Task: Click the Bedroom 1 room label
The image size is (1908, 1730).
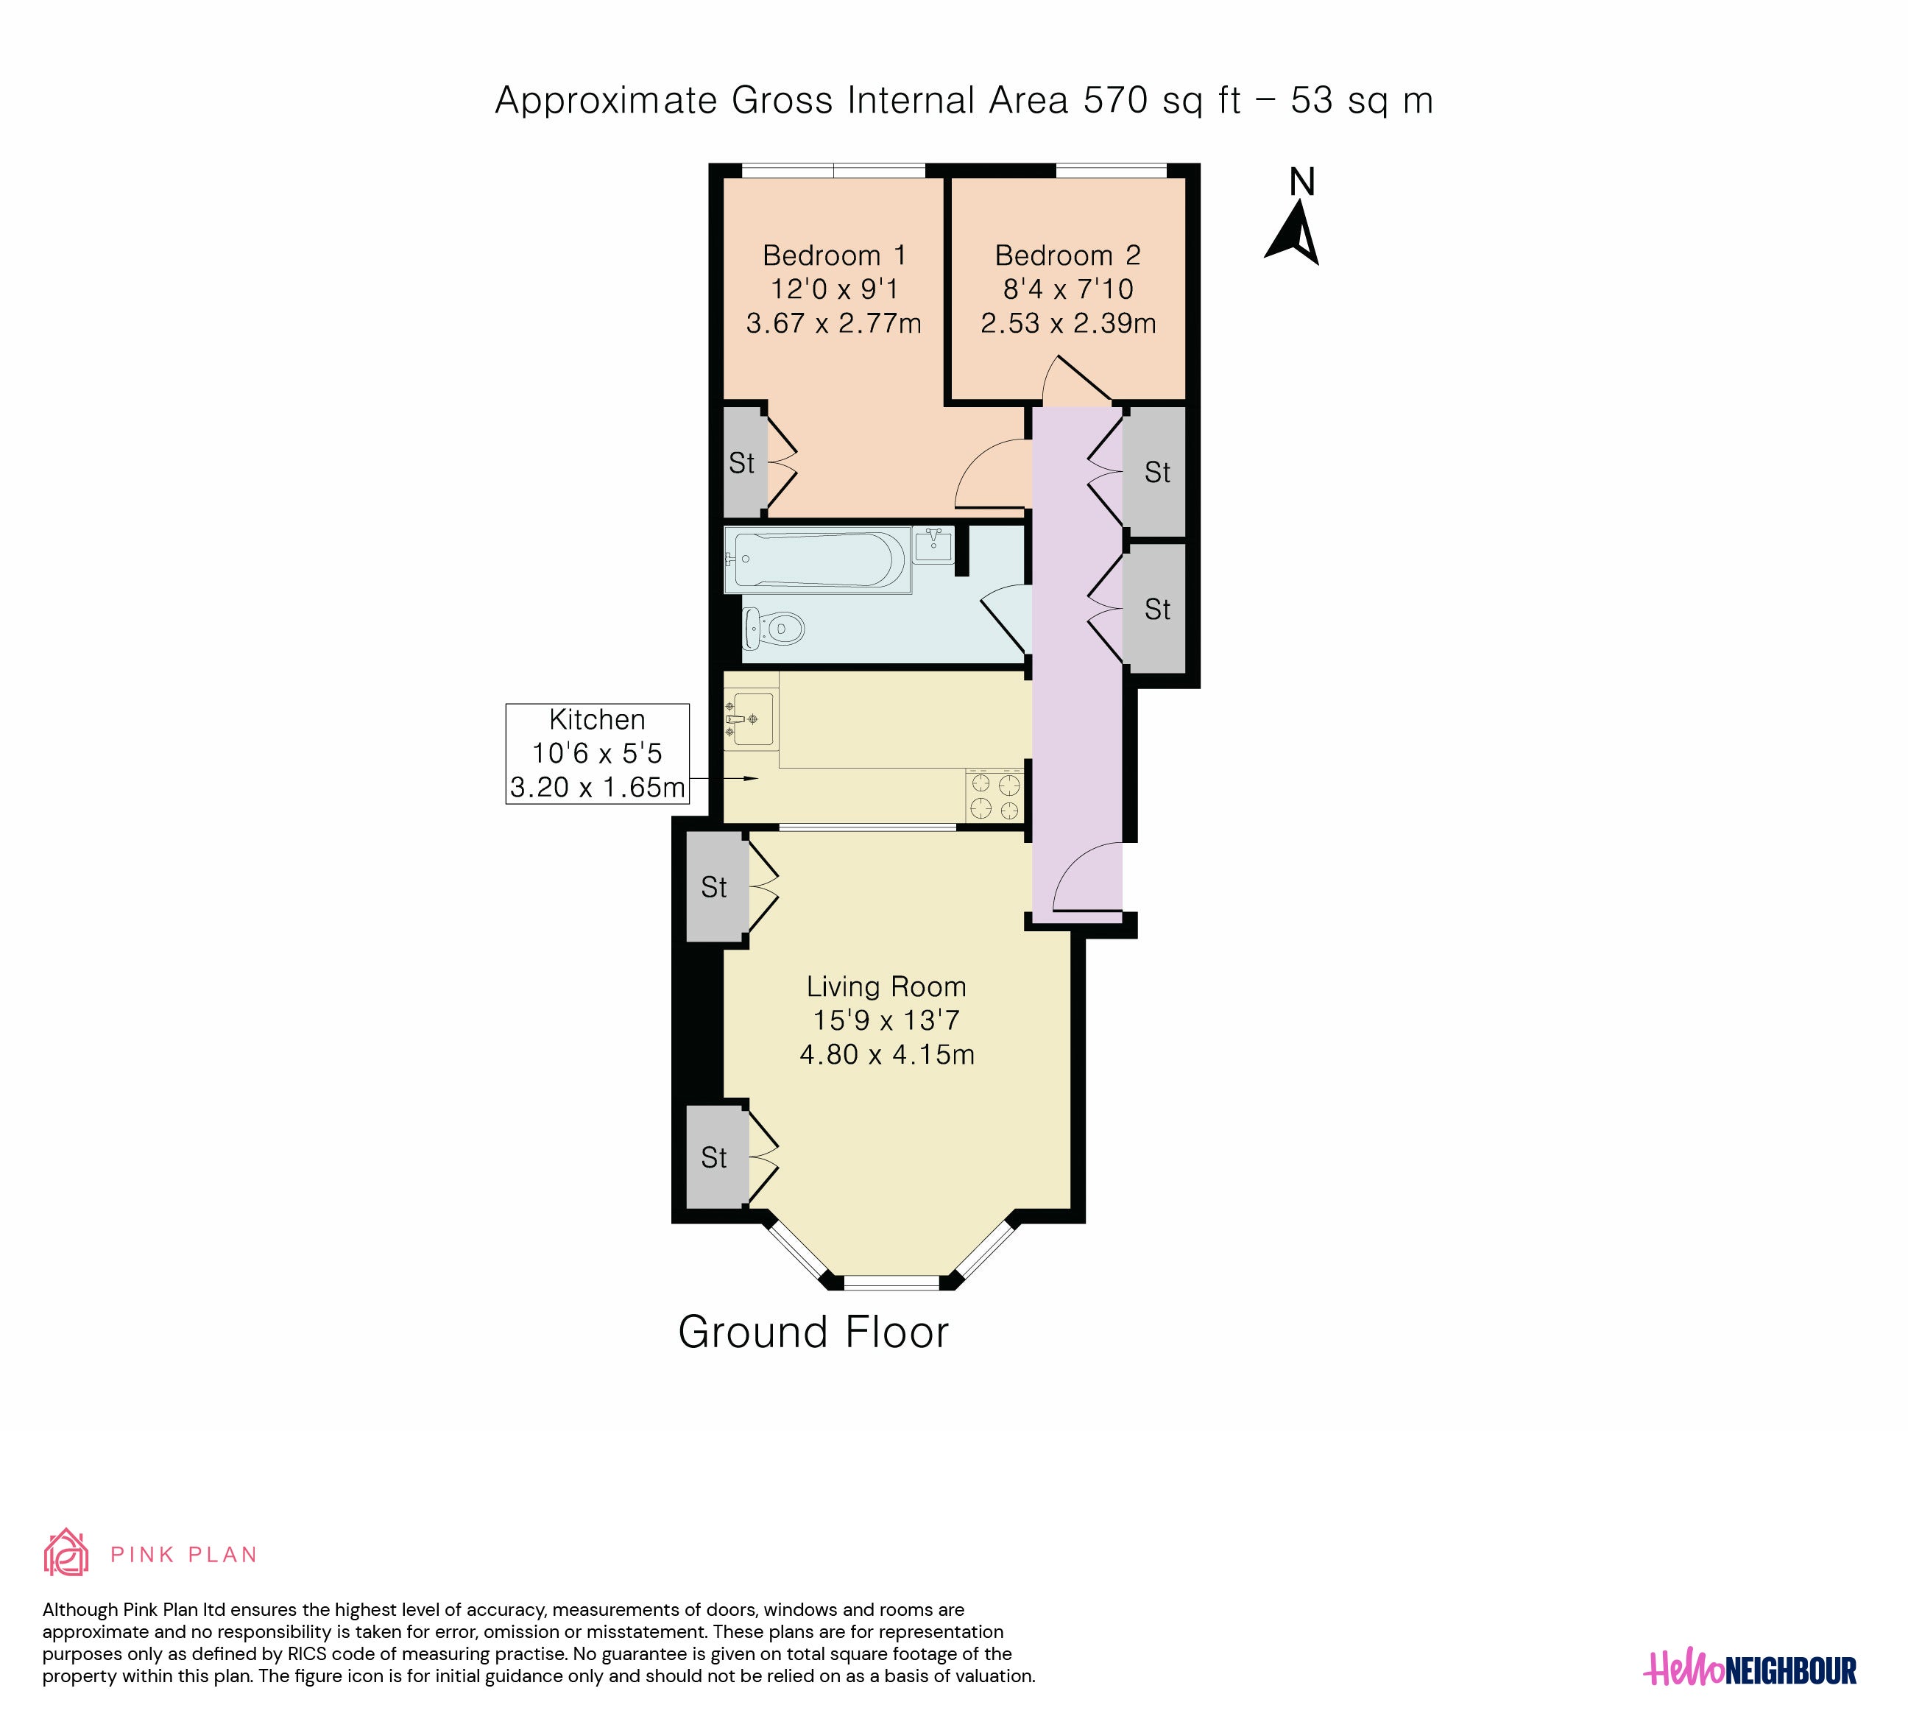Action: pos(834,255)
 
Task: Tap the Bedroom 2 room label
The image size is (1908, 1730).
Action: pos(1067,255)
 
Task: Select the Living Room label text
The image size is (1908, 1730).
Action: pos(886,987)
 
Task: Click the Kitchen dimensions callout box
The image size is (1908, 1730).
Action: pos(597,753)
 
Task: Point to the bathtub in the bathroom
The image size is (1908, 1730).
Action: pos(817,560)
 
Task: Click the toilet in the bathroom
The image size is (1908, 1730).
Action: pos(773,627)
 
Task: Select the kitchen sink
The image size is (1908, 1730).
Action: pos(752,719)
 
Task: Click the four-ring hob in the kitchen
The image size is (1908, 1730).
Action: pos(994,796)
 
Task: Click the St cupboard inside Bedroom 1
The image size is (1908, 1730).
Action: pos(745,462)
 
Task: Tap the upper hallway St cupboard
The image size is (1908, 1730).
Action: pos(1155,471)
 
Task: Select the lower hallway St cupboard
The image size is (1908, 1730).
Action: pos(1155,609)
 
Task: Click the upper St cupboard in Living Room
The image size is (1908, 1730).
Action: pos(716,887)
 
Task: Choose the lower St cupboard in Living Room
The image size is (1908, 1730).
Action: pos(716,1157)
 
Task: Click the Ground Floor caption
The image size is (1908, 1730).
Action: pos(813,1332)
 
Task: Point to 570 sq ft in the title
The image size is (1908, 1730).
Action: pos(1162,100)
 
